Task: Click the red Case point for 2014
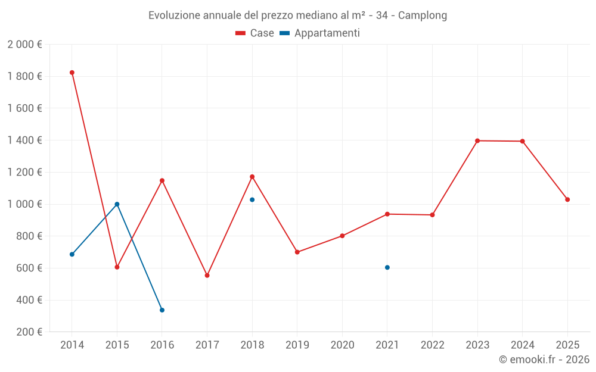(72, 73)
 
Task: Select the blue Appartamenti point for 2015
(117, 204)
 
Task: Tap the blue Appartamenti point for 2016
(162, 310)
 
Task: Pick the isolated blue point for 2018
(252, 199)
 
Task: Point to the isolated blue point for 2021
(387, 267)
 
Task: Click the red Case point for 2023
(477, 140)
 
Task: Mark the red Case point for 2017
(207, 276)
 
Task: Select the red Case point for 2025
(567, 199)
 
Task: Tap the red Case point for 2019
(297, 252)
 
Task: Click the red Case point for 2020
(342, 236)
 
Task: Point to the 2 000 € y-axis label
(24, 45)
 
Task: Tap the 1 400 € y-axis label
(24, 140)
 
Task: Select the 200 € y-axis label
(28, 332)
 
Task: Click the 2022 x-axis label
(432, 345)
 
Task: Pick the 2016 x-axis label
(162, 345)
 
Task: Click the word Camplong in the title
(422, 15)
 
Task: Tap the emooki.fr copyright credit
(544, 360)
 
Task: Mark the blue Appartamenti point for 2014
(72, 254)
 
